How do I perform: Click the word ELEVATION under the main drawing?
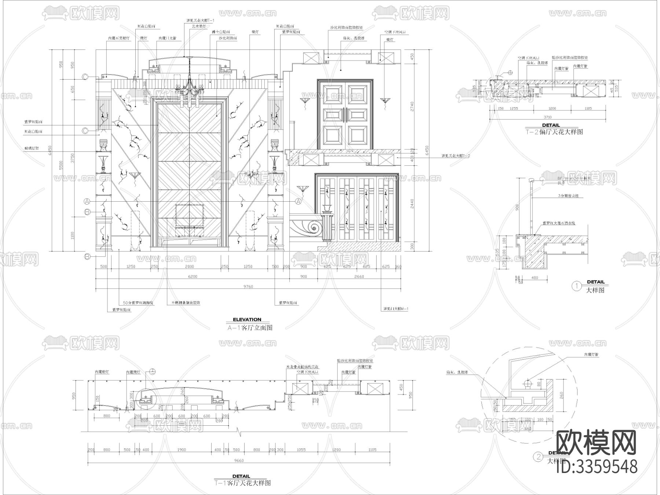(x=247, y=319)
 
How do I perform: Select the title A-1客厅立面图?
(x=250, y=328)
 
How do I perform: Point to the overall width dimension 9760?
(x=248, y=287)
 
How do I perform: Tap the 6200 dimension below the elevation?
(x=192, y=276)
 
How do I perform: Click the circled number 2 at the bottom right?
(x=539, y=457)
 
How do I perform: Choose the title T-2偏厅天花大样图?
(x=554, y=132)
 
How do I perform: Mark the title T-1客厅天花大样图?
(x=242, y=483)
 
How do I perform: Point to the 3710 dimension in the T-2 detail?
(x=547, y=117)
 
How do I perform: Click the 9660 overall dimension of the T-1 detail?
(x=239, y=461)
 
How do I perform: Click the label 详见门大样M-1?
(x=396, y=309)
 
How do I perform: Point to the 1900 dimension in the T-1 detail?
(x=181, y=450)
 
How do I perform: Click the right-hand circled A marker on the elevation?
(x=298, y=201)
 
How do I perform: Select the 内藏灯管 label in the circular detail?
(x=591, y=355)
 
